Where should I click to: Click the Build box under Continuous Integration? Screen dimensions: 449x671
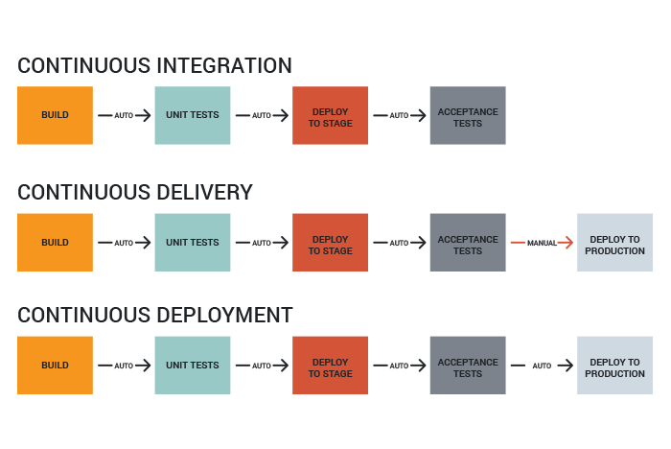55,115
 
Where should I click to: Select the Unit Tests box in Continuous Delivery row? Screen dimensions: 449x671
192,243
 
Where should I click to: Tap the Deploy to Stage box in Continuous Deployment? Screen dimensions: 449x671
330,366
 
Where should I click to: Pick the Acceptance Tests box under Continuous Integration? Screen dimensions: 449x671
468,115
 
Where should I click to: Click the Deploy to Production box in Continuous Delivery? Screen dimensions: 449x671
614,243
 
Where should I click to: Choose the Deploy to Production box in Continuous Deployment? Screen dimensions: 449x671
614,366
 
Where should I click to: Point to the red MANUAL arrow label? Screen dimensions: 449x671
542,243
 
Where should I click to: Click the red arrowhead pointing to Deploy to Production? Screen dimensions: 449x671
567,243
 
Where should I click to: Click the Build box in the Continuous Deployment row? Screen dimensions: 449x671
55,366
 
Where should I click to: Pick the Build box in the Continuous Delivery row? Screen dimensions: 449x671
55,243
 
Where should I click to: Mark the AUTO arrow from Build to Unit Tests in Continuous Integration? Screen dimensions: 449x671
124,115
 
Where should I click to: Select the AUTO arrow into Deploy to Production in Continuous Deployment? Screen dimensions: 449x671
542,366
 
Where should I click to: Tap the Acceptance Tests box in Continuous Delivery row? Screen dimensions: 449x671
468,243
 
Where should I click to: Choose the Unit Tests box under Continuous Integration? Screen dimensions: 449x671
192,115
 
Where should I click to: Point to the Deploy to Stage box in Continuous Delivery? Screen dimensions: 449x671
330,243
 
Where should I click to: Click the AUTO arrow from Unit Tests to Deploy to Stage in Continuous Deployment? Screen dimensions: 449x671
262,366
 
